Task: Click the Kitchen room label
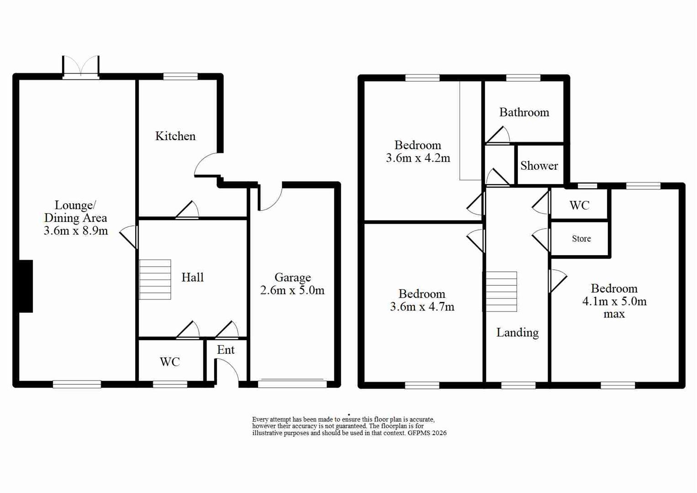coord(175,136)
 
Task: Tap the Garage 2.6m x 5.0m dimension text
coord(292,290)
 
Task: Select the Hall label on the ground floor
coord(192,277)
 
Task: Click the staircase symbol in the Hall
coord(155,279)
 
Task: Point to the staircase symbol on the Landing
coord(501,292)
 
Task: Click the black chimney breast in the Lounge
coord(26,286)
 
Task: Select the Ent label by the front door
coord(226,350)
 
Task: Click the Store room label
coord(581,239)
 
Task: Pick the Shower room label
coord(539,166)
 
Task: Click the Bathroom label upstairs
coord(524,112)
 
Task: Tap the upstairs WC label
coord(579,205)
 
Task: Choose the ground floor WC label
coord(169,362)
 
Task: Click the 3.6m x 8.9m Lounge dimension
coord(76,231)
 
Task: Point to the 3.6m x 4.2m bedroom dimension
coord(418,158)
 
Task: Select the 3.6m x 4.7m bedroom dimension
coord(422,307)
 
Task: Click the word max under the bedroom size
coord(614,314)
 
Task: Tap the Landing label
coord(517,332)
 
